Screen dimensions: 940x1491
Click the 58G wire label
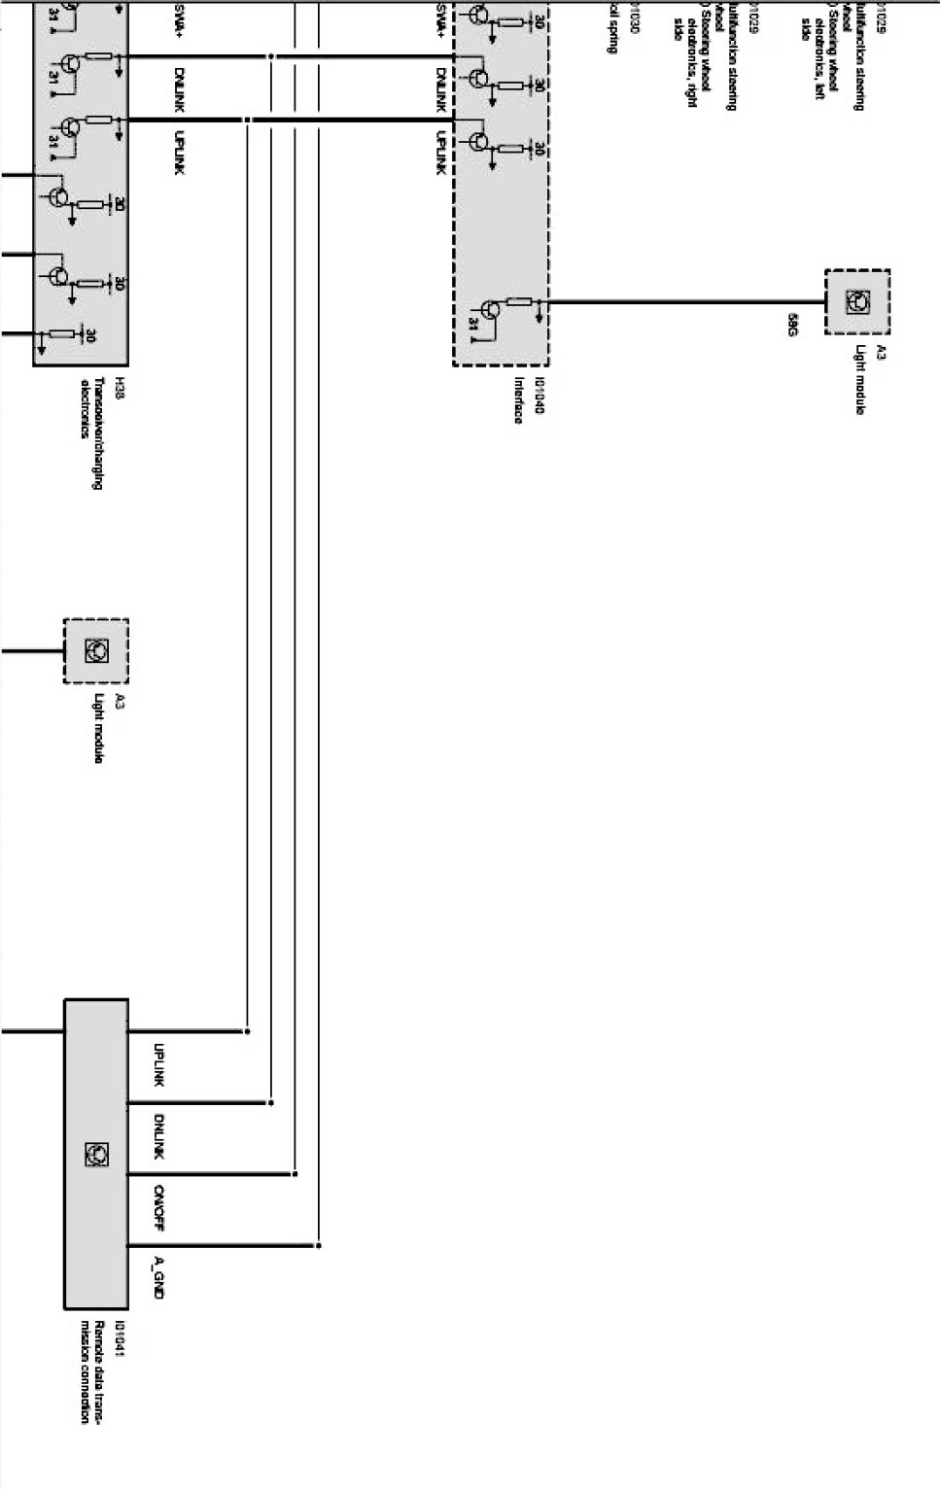(x=792, y=325)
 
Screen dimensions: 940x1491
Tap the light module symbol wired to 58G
(x=857, y=302)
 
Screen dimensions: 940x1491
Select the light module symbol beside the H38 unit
(x=96, y=651)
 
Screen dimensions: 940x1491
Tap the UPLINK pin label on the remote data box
(x=158, y=1065)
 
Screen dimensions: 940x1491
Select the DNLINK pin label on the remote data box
(x=158, y=1136)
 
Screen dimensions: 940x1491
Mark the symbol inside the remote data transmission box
(x=96, y=1155)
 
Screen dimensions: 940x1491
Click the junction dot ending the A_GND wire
(x=319, y=1245)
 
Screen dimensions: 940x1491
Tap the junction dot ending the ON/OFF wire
(x=295, y=1174)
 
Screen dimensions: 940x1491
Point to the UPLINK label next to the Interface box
(x=440, y=153)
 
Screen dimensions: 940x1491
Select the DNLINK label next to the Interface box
(x=440, y=87)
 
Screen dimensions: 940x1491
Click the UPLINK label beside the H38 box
(x=179, y=153)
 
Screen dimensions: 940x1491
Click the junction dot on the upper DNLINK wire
(x=270, y=58)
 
